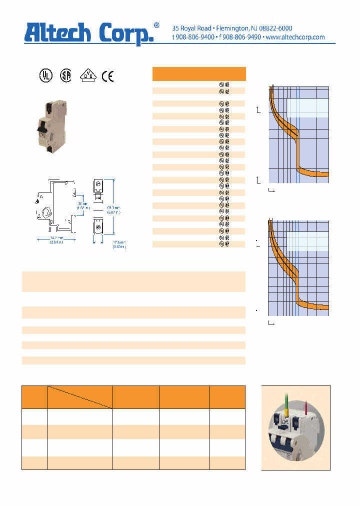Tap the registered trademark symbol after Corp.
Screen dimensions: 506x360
[156, 25]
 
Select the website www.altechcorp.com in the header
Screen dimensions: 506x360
[295, 37]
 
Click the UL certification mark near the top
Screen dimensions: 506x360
[45, 75]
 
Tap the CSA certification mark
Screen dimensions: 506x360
[65, 75]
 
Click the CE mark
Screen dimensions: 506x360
[107, 76]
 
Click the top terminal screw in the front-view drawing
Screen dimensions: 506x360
[98, 185]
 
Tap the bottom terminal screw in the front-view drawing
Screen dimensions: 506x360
[98, 228]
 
